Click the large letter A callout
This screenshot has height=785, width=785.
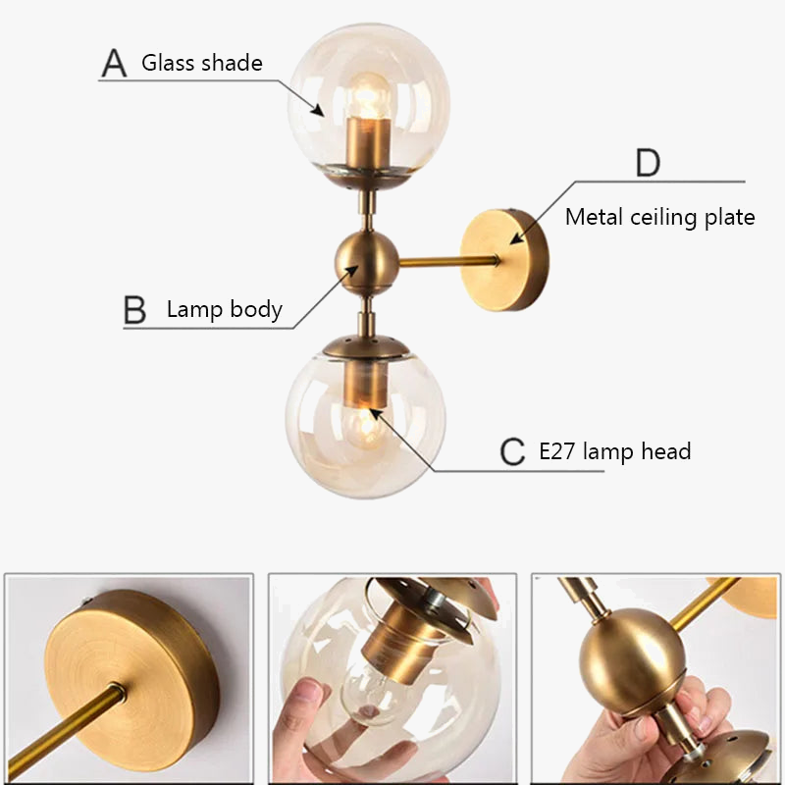click(114, 63)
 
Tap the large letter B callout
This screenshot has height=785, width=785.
click(134, 310)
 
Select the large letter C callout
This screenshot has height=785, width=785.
click(512, 451)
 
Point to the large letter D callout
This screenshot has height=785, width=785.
click(648, 163)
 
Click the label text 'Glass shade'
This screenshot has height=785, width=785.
click(202, 63)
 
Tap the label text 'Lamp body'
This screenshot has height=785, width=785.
click(225, 309)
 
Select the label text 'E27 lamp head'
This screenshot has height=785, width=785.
click(615, 451)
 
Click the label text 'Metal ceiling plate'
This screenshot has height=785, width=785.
click(659, 217)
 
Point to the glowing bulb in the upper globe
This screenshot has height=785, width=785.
click(369, 96)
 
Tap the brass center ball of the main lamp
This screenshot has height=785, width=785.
click(366, 262)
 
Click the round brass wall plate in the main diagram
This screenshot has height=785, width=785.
click(504, 260)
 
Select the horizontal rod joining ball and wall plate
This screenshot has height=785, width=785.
click(449, 261)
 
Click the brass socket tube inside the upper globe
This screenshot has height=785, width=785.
click(369, 143)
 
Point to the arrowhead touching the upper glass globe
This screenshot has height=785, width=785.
click(317, 110)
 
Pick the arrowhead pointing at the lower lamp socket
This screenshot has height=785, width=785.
click(376, 415)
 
